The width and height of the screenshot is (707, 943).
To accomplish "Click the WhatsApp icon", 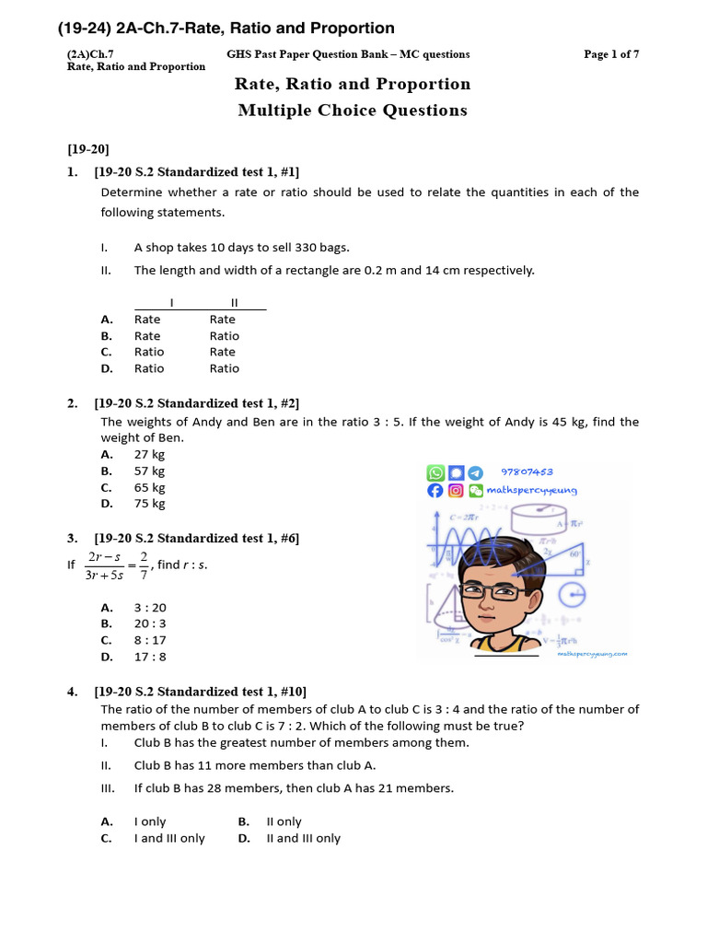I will point(435,472).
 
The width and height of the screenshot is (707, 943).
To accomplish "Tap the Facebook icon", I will point(435,491).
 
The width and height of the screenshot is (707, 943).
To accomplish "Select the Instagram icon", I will point(455,491).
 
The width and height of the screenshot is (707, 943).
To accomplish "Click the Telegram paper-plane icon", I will point(475,472).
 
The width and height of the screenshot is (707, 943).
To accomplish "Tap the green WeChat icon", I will point(475,491).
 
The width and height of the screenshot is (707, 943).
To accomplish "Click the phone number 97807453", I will point(527,471).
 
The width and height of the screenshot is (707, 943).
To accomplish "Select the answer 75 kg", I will point(150,504).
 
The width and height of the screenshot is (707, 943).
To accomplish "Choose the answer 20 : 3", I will point(150,623).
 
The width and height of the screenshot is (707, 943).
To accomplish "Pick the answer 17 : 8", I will point(150,657).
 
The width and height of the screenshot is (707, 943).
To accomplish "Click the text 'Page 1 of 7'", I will point(611,54).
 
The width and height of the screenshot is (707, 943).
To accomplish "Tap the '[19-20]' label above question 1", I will point(88,148).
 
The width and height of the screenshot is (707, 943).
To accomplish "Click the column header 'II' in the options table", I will point(234,302).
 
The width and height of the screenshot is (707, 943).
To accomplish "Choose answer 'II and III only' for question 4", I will point(303,838).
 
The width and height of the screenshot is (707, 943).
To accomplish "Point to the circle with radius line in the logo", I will point(573,595).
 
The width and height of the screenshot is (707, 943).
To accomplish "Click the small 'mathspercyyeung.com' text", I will point(592,654).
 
